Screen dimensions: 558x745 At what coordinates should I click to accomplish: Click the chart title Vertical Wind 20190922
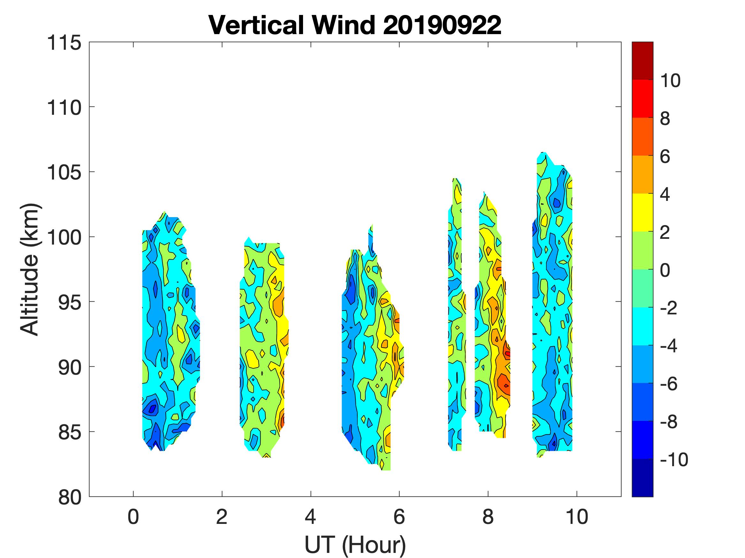pos(355,25)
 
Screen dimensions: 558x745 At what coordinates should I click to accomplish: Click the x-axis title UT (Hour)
pos(355,545)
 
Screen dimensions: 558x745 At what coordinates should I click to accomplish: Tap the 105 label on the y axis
pos(64,173)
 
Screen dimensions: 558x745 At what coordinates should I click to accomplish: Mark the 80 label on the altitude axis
pos(69,497)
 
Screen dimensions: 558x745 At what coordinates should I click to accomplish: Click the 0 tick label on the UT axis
pos(133,517)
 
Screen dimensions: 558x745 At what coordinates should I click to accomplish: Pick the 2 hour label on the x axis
pos(222,517)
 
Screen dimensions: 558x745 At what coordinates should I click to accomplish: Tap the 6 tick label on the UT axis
pos(399,517)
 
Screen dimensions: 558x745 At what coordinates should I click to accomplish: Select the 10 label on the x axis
pos(577,517)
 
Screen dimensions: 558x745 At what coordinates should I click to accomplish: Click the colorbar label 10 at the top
pos(670,81)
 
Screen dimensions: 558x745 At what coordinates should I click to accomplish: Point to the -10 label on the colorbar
pos(674,459)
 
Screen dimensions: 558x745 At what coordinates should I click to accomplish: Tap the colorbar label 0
pos(665,270)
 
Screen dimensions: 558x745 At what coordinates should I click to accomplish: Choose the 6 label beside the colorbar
pos(665,157)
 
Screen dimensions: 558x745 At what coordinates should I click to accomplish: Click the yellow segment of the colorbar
pos(642,212)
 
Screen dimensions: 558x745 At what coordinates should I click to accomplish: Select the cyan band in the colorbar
pos(642,326)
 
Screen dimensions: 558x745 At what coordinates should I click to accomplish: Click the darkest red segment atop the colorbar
pos(642,61)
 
